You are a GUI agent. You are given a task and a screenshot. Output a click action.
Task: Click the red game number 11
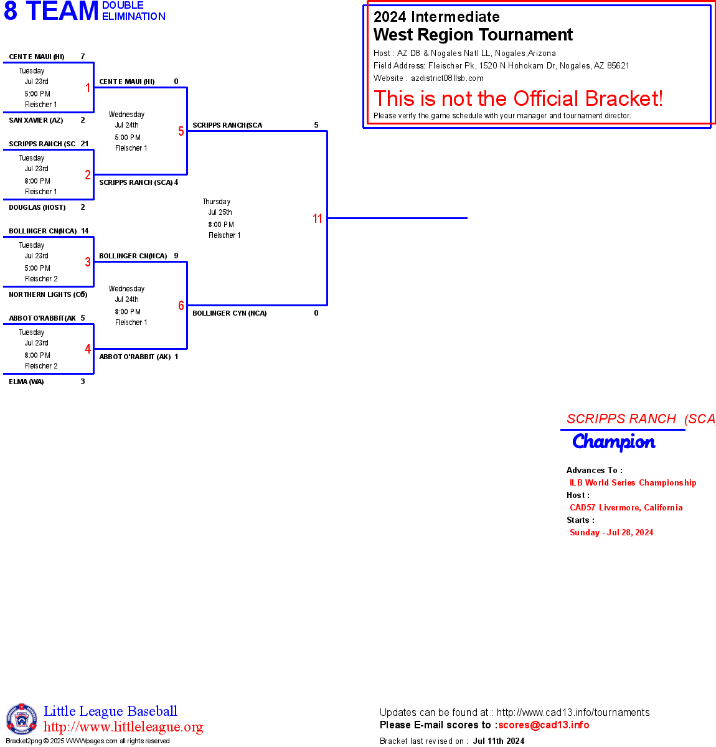pyautogui.click(x=318, y=218)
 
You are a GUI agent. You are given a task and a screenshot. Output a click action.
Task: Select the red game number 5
pyautogui.click(x=181, y=131)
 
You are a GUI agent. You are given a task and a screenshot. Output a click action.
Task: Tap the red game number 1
pyautogui.click(x=88, y=88)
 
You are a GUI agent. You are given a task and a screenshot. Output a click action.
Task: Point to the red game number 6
pyautogui.click(x=181, y=306)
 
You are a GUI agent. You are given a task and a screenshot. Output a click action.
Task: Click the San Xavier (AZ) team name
pyautogui.click(x=35, y=120)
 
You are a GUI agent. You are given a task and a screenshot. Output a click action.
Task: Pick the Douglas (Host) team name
pyautogui.click(x=37, y=207)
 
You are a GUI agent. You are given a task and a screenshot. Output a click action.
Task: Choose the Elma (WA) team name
pyautogui.click(x=26, y=382)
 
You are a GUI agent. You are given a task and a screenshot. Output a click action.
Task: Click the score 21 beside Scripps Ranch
pyautogui.click(x=85, y=144)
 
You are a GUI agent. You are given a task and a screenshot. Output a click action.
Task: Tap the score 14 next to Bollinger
pyautogui.click(x=85, y=231)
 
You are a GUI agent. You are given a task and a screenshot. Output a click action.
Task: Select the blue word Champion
pyautogui.click(x=613, y=442)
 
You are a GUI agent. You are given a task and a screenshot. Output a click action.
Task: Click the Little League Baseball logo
pyautogui.click(x=22, y=719)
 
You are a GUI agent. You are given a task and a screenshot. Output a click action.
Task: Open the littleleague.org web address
pyautogui.click(x=123, y=727)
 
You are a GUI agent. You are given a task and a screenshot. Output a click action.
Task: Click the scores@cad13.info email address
pyautogui.click(x=544, y=725)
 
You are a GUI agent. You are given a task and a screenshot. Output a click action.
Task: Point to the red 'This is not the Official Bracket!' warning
pyautogui.click(x=518, y=98)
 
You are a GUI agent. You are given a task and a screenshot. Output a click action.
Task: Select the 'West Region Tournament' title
pyautogui.click(x=473, y=35)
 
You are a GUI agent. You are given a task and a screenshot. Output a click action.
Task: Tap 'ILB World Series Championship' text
pyautogui.click(x=633, y=482)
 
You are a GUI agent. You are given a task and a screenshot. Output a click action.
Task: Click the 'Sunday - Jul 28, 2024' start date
pyautogui.click(x=611, y=532)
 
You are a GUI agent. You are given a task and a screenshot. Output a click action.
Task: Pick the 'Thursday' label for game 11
pyautogui.click(x=217, y=202)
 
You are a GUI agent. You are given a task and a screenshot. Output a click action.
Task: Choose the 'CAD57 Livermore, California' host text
pyautogui.click(x=626, y=507)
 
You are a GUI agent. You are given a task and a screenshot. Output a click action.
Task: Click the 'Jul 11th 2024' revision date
pyautogui.click(x=498, y=741)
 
